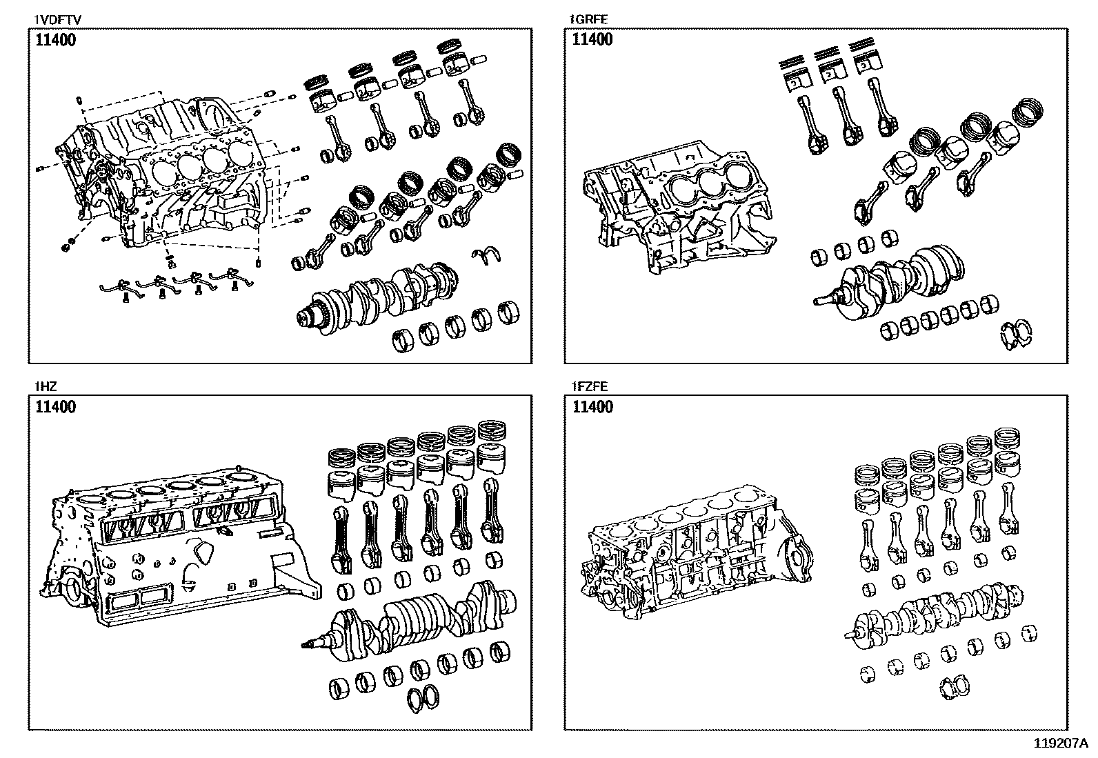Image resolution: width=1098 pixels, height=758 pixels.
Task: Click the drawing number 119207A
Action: (x=1060, y=744)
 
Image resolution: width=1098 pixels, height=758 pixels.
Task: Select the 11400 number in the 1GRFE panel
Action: (x=592, y=39)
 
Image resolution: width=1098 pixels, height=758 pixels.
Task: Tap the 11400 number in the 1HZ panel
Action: (x=55, y=406)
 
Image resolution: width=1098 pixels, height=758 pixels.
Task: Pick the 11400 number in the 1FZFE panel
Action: (x=592, y=406)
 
